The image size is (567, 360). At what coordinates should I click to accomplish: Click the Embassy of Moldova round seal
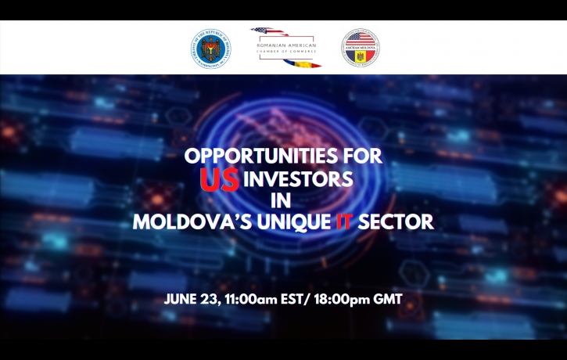[211, 47]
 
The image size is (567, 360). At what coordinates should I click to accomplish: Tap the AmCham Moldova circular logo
[360, 47]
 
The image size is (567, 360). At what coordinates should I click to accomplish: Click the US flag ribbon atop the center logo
[265, 33]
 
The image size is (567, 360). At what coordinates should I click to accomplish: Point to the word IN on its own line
[283, 200]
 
